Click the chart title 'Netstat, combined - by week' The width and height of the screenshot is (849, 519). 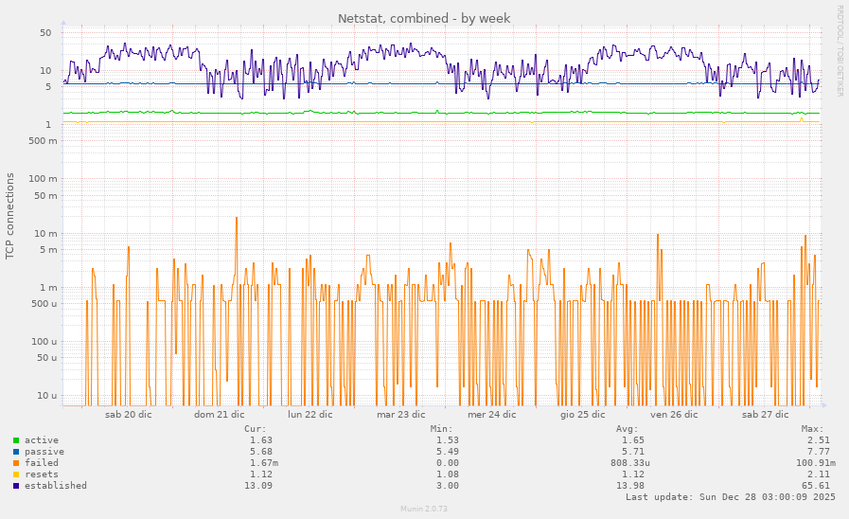(x=424, y=18)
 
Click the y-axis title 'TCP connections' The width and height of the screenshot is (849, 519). (x=10, y=216)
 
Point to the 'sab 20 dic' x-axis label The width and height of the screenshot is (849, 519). (x=128, y=414)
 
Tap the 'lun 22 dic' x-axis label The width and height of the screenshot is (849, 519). (x=310, y=414)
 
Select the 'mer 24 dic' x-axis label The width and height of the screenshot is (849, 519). (x=491, y=414)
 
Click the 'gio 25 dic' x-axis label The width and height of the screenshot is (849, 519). (x=582, y=414)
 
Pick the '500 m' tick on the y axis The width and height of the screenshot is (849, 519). (x=43, y=140)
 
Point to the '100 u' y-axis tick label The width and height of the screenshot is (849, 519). (x=43, y=341)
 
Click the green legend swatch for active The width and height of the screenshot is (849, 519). (x=16, y=440)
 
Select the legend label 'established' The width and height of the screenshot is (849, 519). (x=55, y=486)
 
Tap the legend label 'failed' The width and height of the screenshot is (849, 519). (x=41, y=463)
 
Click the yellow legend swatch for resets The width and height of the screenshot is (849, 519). (x=16, y=474)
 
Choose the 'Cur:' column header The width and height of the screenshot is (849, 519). (x=255, y=429)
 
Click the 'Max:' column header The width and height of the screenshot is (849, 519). (x=812, y=429)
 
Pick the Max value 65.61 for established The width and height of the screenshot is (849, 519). (x=816, y=486)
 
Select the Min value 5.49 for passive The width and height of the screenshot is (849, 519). (x=447, y=452)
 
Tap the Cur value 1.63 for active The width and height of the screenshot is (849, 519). (x=260, y=440)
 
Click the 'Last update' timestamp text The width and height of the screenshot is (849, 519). (x=730, y=497)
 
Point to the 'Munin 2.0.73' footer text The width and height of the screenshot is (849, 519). (x=424, y=510)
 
